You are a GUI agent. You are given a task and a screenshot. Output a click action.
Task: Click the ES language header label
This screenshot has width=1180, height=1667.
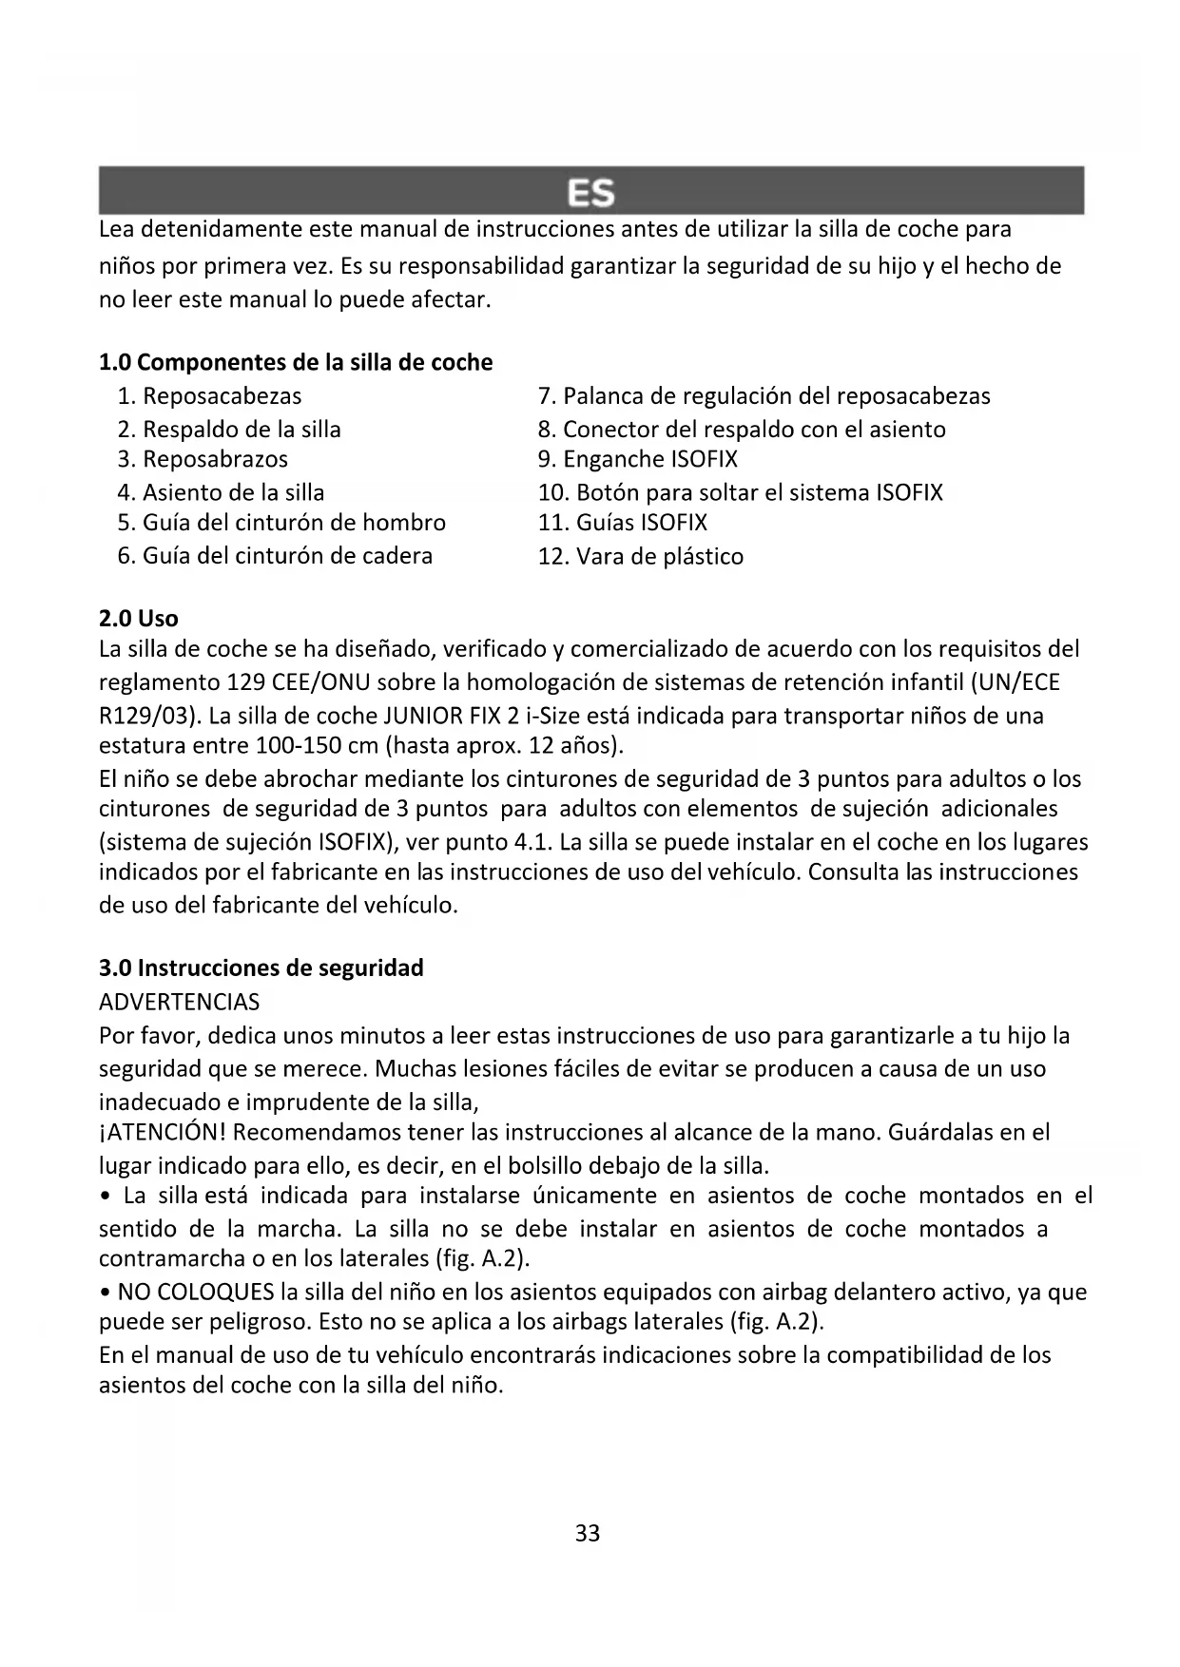click(x=590, y=193)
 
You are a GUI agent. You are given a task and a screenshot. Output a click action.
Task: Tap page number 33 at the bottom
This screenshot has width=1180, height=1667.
click(x=588, y=1533)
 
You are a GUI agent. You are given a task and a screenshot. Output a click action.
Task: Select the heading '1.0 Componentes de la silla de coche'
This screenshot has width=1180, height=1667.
click(x=296, y=362)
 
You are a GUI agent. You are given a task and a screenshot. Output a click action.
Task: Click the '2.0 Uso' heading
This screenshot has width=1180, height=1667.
click(x=139, y=618)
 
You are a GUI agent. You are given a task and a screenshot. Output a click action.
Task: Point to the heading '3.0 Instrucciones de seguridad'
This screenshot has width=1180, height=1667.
click(x=261, y=968)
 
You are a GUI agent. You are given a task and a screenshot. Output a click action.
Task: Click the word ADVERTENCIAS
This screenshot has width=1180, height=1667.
click(x=179, y=1002)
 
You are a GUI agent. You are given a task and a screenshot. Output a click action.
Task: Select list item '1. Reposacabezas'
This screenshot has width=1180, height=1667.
click(x=209, y=395)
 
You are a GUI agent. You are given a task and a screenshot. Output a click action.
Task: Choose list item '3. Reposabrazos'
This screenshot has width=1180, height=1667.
click(x=203, y=459)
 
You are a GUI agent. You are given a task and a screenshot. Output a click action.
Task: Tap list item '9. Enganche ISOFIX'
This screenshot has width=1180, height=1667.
click(x=637, y=459)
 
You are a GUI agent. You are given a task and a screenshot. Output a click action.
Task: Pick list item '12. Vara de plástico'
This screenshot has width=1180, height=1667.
click(x=641, y=556)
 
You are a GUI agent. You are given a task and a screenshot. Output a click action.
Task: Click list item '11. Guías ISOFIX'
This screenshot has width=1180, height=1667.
click(x=623, y=522)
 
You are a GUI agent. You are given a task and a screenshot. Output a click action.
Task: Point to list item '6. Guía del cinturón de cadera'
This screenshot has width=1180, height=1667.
click(x=275, y=555)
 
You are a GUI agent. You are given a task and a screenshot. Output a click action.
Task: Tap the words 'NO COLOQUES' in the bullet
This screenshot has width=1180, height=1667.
click(x=196, y=1292)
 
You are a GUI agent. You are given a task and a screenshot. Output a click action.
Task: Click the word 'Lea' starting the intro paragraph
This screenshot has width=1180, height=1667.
click(x=118, y=229)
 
